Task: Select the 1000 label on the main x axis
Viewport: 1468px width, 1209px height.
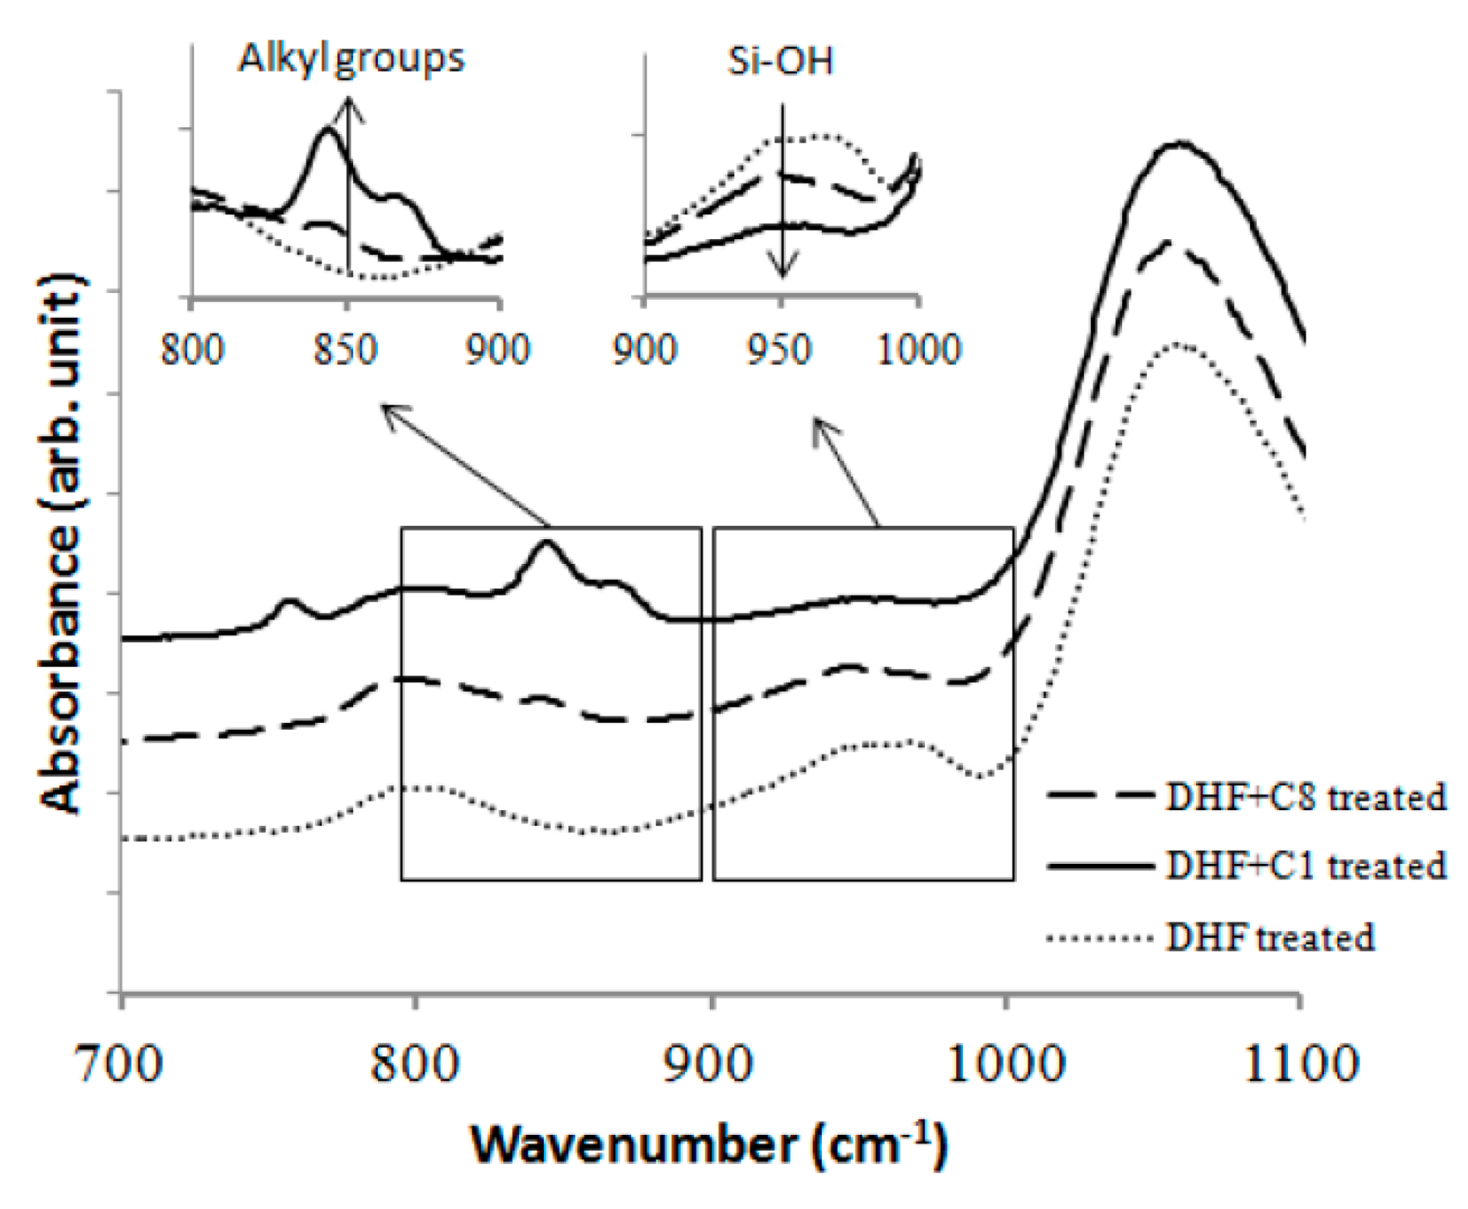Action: coord(1005,1064)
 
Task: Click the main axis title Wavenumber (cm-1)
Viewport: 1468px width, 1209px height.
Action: coord(709,1145)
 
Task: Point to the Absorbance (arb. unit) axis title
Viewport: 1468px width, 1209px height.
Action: coord(64,543)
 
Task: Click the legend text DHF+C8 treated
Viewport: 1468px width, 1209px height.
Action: coord(1305,797)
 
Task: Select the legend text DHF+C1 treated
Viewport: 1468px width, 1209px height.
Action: coord(1305,866)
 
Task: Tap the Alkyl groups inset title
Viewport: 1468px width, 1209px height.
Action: coord(350,58)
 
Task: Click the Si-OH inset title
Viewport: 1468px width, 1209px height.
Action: coord(780,62)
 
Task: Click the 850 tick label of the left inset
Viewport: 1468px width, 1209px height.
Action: coord(345,350)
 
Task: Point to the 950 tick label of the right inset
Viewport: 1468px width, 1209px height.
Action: coord(779,350)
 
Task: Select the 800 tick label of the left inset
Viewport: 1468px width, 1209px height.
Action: coord(192,350)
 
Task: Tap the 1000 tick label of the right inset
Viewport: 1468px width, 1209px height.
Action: coord(918,350)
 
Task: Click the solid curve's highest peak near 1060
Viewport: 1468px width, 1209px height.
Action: coord(1178,142)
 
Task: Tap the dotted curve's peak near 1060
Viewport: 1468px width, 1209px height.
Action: coord(1175,343)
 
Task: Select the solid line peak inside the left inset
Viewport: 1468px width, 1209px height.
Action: coord(327,130)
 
